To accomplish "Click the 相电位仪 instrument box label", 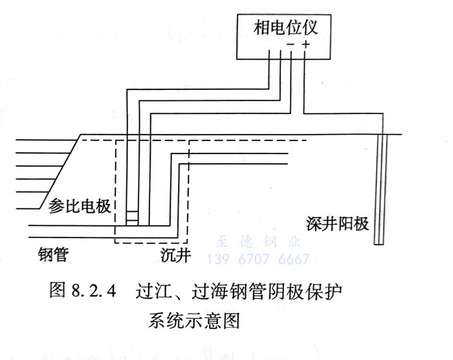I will [x=285, y=28].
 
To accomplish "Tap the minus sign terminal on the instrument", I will [x=291, y=45].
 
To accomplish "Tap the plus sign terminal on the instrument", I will [x=305, y=45].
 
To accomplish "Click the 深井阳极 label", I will [x=337, y=225].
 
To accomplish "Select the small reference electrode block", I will [x=132, y=218].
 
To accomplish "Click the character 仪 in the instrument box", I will [x=322, y=28].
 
